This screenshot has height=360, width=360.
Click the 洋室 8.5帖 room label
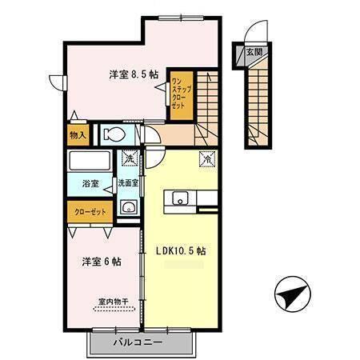point(133,74)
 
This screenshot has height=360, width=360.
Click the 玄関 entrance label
point(254,52)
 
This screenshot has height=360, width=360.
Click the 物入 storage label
point(78,134)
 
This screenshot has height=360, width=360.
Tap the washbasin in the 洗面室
point(128,208)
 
